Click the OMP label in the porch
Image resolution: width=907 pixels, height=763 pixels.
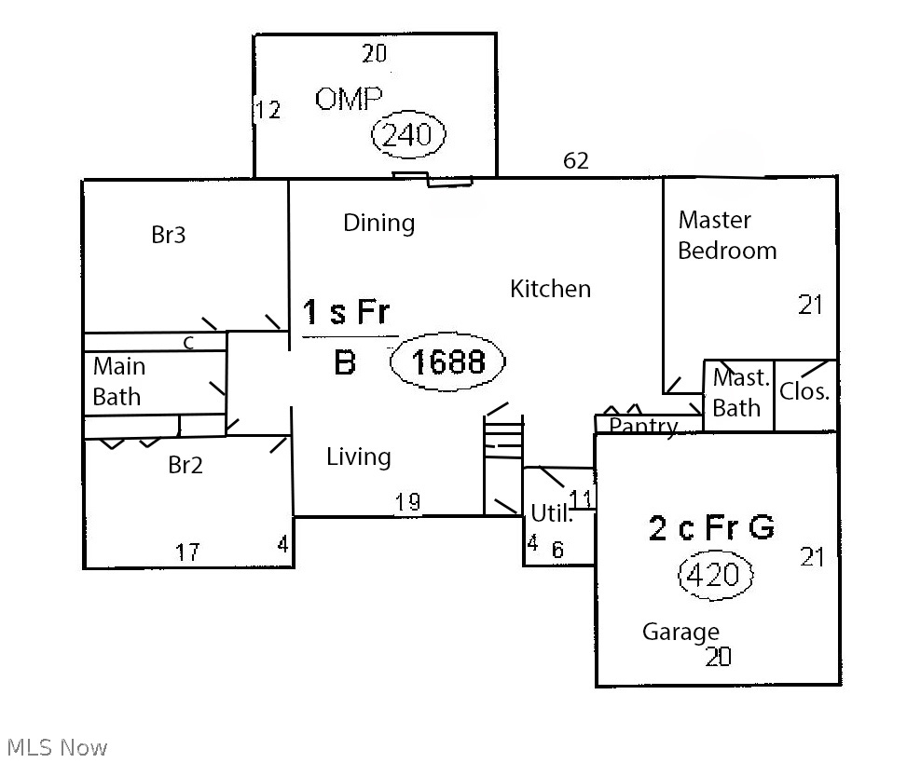(x=349, y=99)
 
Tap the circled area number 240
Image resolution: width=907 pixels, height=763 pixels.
(x=407, y=135)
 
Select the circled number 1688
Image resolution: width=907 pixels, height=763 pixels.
(x=447, y=361)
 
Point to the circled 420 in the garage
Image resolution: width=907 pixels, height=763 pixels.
(x=716, y=574)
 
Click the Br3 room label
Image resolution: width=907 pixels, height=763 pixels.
(x=169, y=235)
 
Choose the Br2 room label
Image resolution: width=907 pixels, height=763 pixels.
(x=186, y=465)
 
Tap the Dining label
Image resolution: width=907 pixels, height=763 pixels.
(x=378, y=223)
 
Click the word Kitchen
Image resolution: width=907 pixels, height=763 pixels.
(x=550, y=289)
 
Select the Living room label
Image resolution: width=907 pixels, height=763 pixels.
(x=359, y=456)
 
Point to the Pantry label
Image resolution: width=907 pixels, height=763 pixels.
(x=643, y=427)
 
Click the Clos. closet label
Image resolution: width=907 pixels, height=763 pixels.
(x=804, y=391)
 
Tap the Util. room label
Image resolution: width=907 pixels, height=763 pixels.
(x=552, y=513)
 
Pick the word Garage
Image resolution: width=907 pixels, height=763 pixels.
(x=680, y=632)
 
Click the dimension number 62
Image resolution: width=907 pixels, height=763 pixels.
(x=575, y=160)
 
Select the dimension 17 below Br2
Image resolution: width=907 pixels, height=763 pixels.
(x=187, y=552)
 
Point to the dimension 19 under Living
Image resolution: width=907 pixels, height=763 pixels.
(x=407, y=502)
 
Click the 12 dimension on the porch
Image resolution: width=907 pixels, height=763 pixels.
(x=268, y=109)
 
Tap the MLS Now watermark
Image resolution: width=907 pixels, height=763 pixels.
(x=57, y=747)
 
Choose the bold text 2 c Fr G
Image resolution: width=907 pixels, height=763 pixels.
(x=711, y=527)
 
